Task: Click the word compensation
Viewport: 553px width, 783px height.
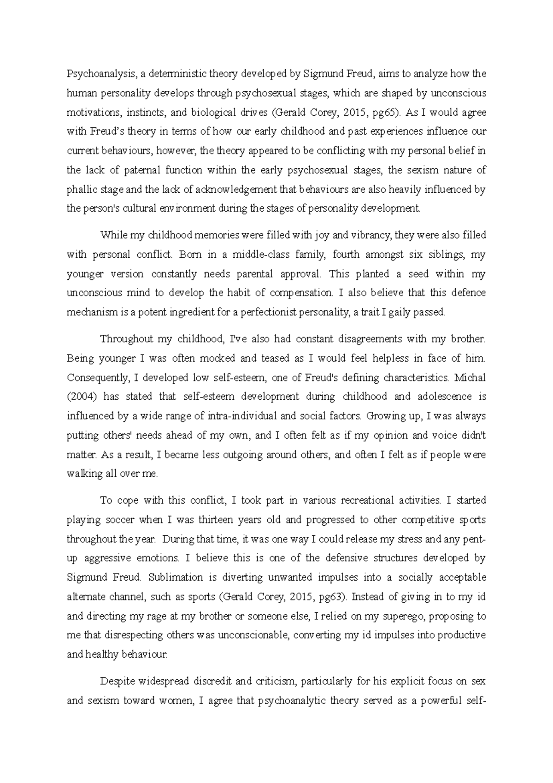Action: click(300, 293)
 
